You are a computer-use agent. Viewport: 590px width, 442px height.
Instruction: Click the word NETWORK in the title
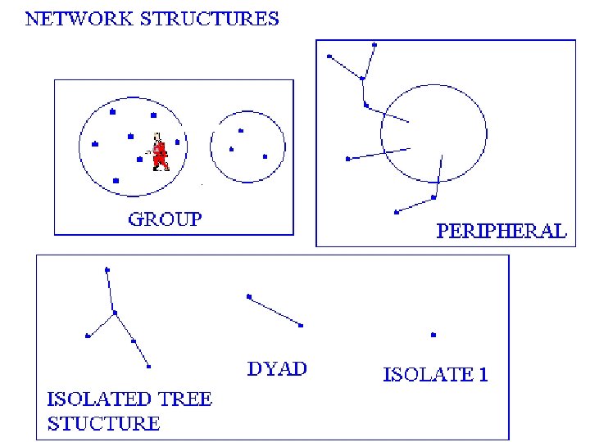(73, 18)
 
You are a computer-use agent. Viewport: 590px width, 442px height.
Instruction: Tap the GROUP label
(165, 219)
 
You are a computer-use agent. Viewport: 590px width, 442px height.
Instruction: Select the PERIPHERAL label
(501, 231)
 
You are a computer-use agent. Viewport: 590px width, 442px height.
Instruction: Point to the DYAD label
(277, 368)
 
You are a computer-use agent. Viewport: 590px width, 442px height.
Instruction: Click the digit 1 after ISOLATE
(483, 376)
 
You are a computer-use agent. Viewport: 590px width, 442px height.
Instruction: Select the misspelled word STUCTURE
(103, 423)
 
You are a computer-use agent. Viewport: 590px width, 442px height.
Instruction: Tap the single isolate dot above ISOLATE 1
(433, 335)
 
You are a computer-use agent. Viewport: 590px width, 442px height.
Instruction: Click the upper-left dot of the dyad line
(249, 296)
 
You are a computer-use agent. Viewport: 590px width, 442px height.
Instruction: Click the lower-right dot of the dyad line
(301, 326)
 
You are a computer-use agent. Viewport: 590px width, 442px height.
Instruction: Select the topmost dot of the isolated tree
(107, 269)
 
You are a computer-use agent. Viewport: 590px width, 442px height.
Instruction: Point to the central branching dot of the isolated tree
(115, 313)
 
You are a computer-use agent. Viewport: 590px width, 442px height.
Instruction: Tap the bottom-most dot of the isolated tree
(149, 366)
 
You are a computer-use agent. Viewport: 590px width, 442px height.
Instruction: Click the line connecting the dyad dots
(275, 311)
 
